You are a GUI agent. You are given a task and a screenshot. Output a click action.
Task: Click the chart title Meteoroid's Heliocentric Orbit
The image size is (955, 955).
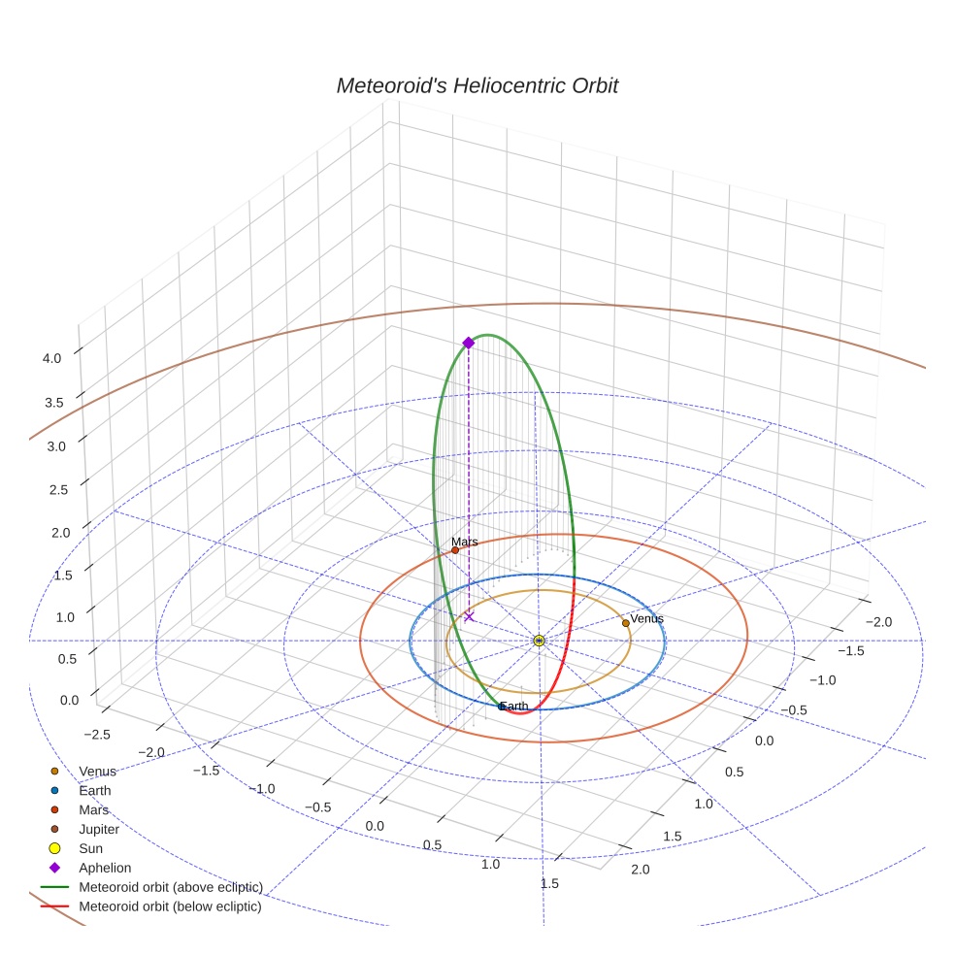pos(477,86)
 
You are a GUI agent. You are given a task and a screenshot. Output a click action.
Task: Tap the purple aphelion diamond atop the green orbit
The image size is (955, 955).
pos(469,343)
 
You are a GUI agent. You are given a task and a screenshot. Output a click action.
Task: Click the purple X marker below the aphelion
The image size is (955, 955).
pos(469,616)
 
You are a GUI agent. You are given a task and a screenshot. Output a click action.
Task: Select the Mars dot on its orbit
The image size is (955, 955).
pos(455,550)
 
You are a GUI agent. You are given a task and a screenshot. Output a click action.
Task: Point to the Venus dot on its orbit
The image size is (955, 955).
pos(625,623)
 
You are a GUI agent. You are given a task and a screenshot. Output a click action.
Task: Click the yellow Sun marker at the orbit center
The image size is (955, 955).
pos(539,641)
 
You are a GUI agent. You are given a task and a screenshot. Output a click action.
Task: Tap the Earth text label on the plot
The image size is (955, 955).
pos(514,706)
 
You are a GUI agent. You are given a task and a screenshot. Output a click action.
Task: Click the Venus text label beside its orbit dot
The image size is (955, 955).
pos(647,618)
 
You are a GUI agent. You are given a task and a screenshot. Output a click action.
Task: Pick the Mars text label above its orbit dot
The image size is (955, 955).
pos(465,542)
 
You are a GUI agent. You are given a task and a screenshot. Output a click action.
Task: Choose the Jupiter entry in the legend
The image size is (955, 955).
pos(99,830)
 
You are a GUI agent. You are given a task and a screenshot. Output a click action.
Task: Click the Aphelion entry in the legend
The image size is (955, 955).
pos(105,869)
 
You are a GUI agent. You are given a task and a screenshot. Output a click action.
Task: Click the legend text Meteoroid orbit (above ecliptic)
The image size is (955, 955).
pos(170,888)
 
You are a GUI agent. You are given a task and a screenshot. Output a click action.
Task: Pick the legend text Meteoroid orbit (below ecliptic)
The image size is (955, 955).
pos(170,907)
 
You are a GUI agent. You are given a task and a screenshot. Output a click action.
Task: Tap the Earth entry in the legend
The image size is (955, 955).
pos(94,791)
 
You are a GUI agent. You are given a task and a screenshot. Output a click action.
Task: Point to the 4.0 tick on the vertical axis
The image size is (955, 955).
pos(51,357)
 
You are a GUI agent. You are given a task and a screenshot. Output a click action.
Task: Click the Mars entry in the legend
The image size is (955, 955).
pos(93,810)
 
